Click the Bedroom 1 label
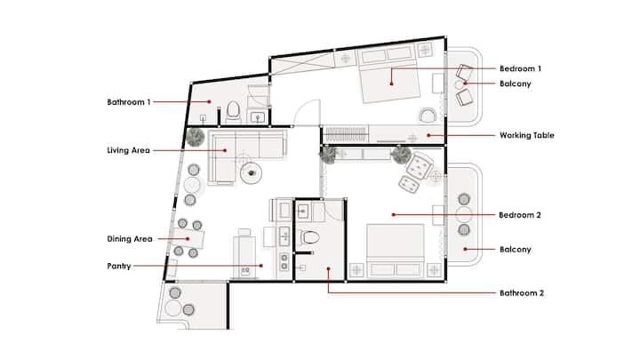[520, 68]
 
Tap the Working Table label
[526, 135]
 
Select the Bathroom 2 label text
[521, 292]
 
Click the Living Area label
[128, 150]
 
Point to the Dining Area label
[130, 239]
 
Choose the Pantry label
[119, 266]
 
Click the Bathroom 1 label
[129, 102]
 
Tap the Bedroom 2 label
[520, 215]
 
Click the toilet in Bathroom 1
[233, 111]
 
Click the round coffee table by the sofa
[251, 173]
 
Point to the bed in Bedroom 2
[395, 250]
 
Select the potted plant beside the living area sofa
[195, 137]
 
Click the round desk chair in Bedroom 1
[428, 116]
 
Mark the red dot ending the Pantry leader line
[261, 266]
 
